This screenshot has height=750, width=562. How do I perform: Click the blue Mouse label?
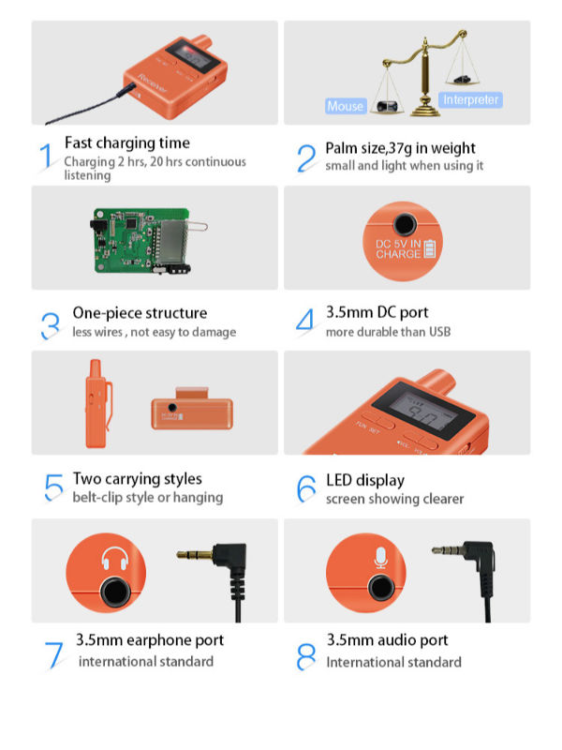tap(345, 106)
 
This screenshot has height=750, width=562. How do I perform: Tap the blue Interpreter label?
tap(471, 99)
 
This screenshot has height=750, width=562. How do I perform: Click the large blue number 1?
tap(45, 156)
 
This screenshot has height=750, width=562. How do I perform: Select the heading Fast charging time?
tap(126, 142)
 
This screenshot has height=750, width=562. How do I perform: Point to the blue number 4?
tap(305, 321)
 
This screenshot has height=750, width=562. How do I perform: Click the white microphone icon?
tap(379, 559)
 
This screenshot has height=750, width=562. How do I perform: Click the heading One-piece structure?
tap(140, 313)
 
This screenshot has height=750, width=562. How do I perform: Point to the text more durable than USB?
tap(387, 332)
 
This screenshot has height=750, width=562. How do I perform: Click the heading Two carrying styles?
tap(137, 479)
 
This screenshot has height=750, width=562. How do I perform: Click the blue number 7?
tap(52, 653)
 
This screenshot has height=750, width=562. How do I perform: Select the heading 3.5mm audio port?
tap(387, 640)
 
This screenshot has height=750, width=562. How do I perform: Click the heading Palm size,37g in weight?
tap(400, 148)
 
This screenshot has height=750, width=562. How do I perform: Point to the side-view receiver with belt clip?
tap(96, 403)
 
